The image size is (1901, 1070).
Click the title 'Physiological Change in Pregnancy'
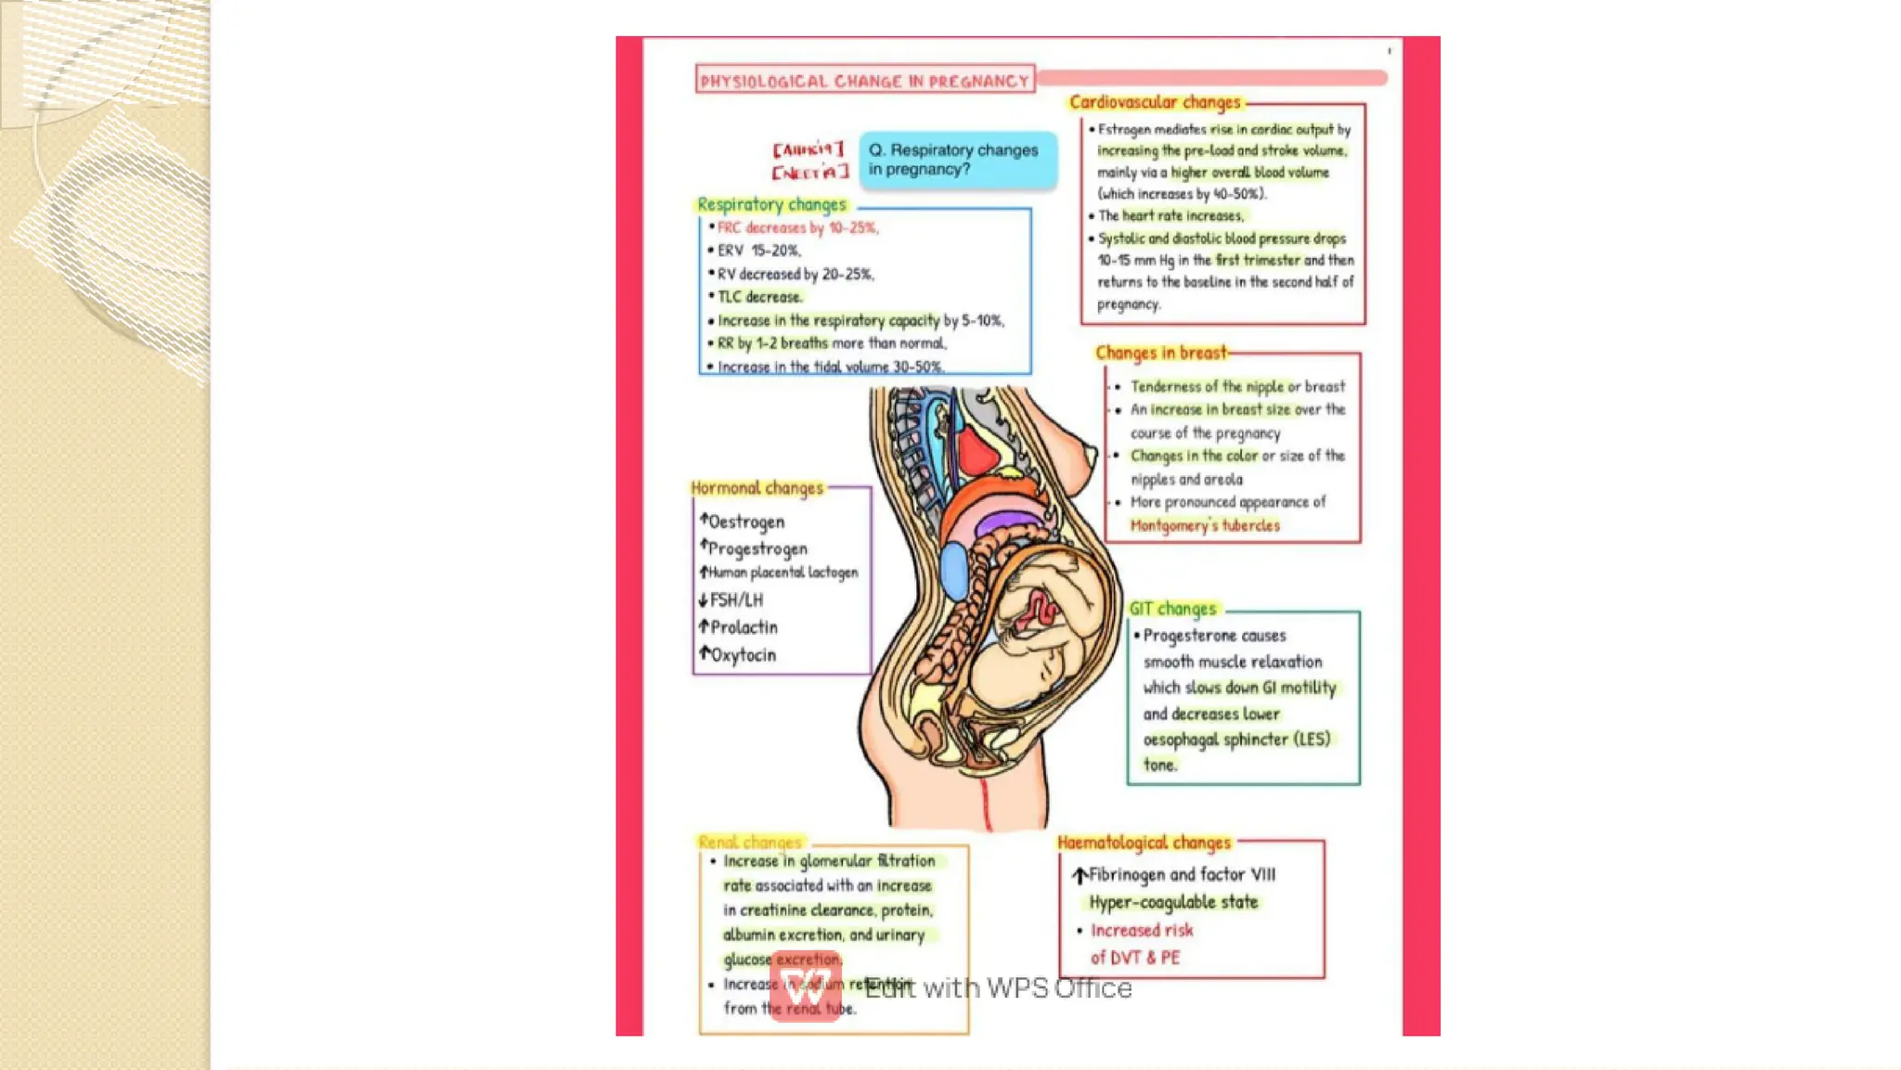[865, 81]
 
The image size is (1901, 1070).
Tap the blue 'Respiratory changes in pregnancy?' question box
[957, 160]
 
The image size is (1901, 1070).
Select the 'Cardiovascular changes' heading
[1154, 102]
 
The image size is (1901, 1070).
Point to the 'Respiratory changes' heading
[771, 204]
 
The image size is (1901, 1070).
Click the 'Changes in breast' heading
[1160, 353]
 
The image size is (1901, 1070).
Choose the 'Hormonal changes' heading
[757, 488]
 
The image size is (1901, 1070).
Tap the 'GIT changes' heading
[1172, 609]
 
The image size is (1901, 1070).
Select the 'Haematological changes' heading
[1144, 843]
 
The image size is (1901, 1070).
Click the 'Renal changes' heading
[749, 843]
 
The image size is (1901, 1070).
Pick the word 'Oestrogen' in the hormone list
[746, 522]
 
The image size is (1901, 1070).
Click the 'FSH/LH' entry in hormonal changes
[736, 600]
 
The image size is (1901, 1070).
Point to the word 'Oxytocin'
[743, 655]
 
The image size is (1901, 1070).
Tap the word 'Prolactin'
[744, 627]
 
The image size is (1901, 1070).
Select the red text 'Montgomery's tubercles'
[1204, 525]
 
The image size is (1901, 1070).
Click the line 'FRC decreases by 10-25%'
[797, 227]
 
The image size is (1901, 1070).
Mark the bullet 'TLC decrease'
[759, 297]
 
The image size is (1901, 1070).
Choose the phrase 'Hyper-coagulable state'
[1173, 902]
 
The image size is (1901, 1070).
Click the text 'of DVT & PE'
[1135, 958]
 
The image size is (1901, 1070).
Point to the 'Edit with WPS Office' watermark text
[998, 988]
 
